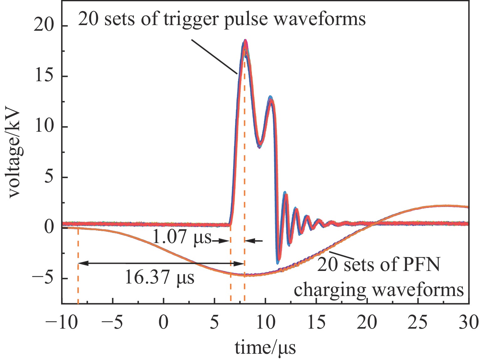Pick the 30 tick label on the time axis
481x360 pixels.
pos(469,322)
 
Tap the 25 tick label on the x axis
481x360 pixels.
pos(418,322)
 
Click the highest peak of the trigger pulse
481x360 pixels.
pos(245,41)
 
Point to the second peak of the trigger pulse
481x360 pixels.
pos(271,98)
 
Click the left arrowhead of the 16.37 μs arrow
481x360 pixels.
pos(80,264)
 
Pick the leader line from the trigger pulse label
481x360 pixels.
pos(215,57)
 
